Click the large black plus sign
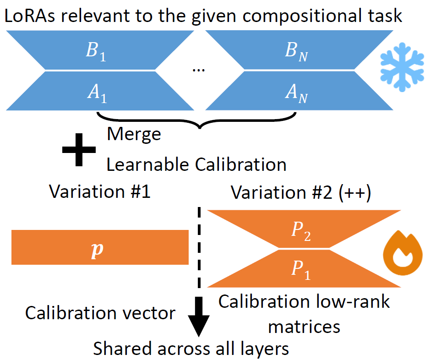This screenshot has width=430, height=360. coord(79,149)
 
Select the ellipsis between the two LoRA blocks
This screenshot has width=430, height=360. coord(199,70)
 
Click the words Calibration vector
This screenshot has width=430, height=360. coord(100,313)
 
